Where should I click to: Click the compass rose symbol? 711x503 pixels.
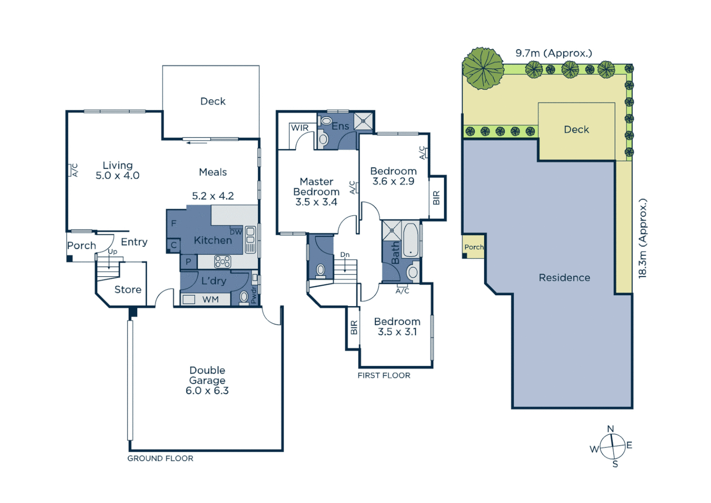(612, 446)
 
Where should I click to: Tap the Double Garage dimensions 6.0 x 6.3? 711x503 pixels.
(207, 391)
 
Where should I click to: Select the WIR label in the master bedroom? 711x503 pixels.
(300, 128)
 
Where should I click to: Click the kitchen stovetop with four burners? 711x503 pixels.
(222, 262)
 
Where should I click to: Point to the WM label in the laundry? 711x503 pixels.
(210, 299)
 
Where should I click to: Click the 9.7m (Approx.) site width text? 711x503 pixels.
(554, 53)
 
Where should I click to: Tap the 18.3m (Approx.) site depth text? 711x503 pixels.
(643, 238)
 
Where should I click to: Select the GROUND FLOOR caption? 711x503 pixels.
(160, 458)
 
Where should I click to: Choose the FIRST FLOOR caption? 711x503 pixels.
(384, 375)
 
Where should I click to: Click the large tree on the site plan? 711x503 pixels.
(483, 68)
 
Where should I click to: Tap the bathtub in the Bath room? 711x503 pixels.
(410, 240)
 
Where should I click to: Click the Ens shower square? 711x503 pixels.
(363, 121)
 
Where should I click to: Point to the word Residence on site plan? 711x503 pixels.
(564, 278)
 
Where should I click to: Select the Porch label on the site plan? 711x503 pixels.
(474, 247)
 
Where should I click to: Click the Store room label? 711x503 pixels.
(128, 290)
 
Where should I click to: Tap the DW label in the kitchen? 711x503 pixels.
(236, 232)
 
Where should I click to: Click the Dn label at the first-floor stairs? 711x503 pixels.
(345, 255)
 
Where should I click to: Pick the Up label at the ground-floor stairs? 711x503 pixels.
(113, 251)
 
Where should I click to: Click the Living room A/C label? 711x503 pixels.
(74, 170)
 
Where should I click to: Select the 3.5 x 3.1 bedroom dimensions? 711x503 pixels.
(397, 332)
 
